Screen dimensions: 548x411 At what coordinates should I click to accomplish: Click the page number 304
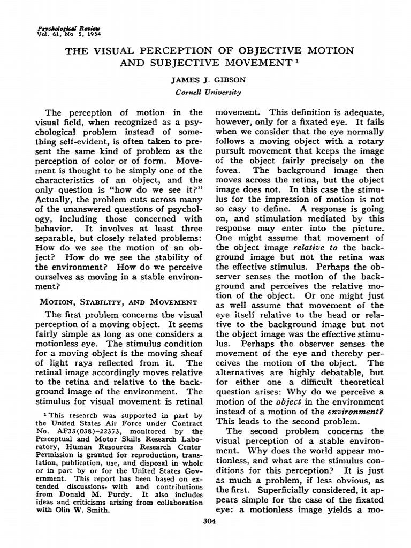(209, 522)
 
